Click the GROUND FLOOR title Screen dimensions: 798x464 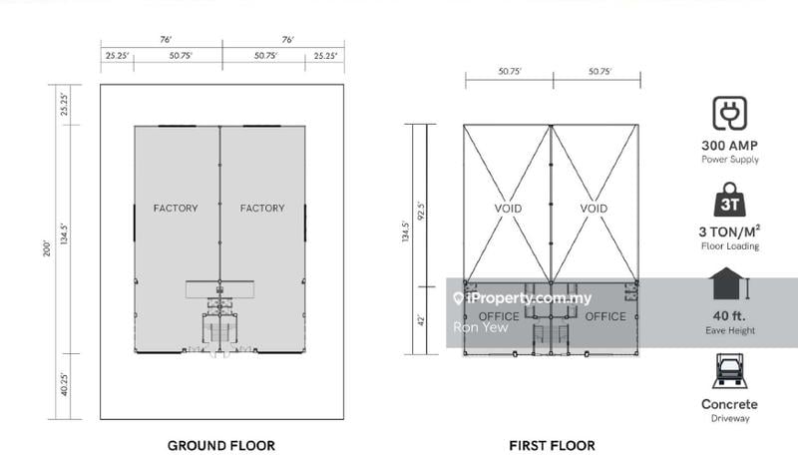point(221,446)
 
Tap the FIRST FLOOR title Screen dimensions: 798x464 point(553,446)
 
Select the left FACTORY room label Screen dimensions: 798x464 point(176,208)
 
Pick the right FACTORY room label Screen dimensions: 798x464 point(262,208)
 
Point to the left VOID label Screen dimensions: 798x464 point(508,209)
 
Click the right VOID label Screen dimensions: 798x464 point(594,209)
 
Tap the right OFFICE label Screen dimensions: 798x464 point(605,316)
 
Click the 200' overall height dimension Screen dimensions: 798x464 point(47,248)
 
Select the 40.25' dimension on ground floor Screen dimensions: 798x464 point(64,384)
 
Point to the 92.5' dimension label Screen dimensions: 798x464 point(421,210)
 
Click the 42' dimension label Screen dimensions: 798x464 point(421,320)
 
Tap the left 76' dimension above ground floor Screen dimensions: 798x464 point(166,39)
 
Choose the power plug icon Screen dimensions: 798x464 point(730,113)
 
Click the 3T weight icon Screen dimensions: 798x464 point(730,200)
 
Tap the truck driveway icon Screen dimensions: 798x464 point(730,371)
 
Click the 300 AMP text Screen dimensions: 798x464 point(730,145)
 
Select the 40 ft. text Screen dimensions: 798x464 point(730,315)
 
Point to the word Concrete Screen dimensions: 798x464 point(729,404)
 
